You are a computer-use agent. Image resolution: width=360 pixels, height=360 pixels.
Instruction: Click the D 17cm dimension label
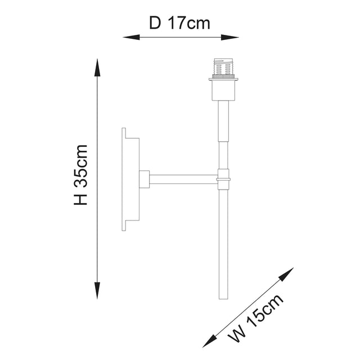coord(180,23)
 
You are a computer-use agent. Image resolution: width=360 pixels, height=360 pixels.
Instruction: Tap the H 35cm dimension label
coord(82,175)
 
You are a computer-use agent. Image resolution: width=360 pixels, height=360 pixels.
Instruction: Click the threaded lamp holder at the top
coord(223,68)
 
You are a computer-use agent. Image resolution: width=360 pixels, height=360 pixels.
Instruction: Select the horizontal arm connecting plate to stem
coord(183,179)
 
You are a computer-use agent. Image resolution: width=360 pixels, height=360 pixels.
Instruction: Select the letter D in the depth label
coord(155,23)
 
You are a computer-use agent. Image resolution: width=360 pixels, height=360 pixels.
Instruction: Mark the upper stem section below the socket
coord(223,121)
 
